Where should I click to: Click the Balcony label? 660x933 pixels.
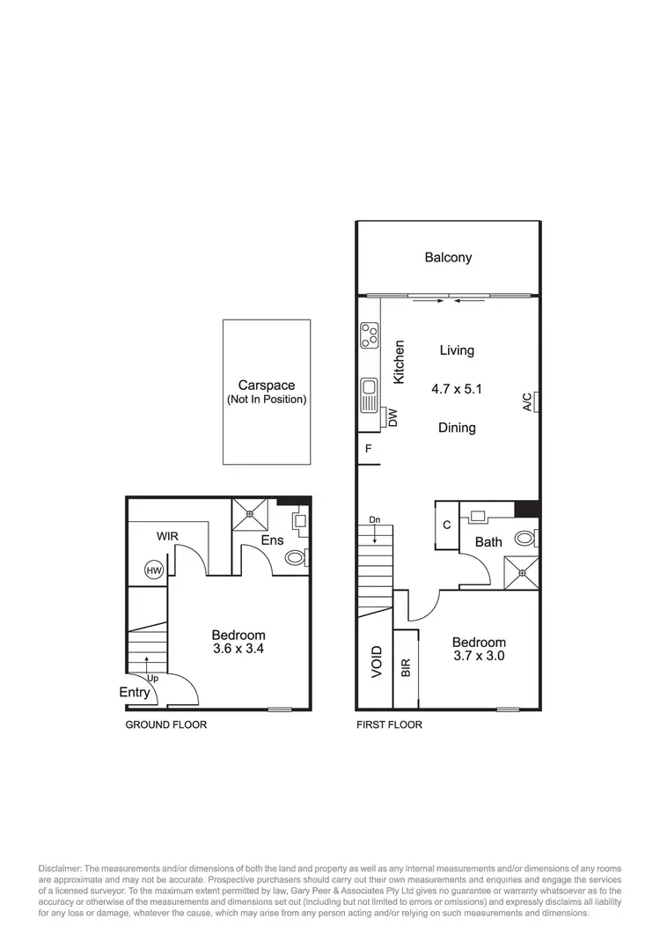click(448, 258)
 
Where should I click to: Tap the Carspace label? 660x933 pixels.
click(267, 386)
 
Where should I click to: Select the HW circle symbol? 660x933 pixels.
click(154, 571)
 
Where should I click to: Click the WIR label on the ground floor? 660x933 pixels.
click(168, 535)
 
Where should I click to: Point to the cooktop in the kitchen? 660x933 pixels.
click(370, 334)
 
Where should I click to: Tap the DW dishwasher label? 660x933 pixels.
click(392, 418)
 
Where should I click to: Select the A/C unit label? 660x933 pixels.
click(527, 402)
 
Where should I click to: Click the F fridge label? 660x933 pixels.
click(368, 448)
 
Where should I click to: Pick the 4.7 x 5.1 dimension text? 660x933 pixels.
click(457, 387)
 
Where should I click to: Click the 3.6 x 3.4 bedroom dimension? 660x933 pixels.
click(238, 650)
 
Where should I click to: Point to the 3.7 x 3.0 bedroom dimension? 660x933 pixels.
click(480, 656)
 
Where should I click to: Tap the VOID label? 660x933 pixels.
click(377, 661)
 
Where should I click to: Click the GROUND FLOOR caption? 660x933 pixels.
click(165, 725)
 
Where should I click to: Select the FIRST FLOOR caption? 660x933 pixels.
click(389, 725)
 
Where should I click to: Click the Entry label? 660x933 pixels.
click(135, 693)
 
